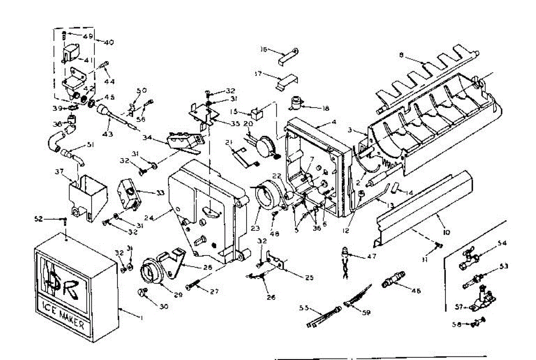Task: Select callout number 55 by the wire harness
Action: coord(304,307)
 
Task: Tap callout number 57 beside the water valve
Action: coord(464,307)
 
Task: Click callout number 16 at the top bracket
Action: coord(264,50)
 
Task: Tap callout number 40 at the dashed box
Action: coord(109,42)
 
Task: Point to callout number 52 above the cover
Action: coord(39,218)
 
